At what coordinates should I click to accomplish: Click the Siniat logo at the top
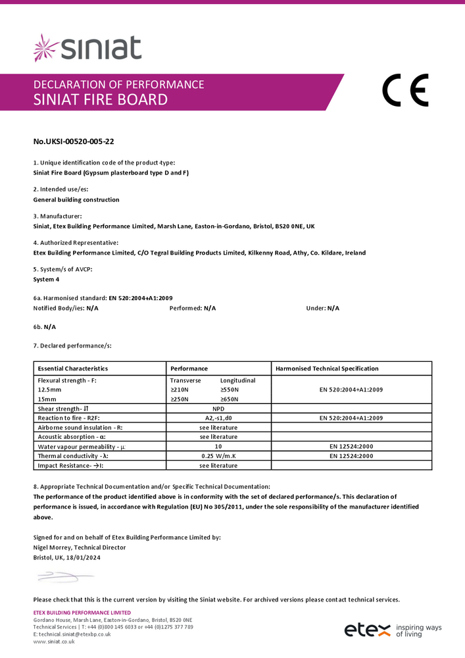(87, 49)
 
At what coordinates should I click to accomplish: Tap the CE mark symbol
(405, 91)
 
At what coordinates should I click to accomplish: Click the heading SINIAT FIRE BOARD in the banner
(101, 100)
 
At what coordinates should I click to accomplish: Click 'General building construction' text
(76, 199)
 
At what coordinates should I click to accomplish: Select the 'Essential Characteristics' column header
(73, 368)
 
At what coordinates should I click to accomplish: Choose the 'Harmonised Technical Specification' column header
(327, 368)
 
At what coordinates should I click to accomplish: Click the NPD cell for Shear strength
(218, 409)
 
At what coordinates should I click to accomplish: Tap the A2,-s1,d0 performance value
(218, 418)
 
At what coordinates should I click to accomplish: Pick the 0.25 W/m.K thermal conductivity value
(218, 456)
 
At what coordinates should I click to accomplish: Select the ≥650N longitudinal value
(230, 399)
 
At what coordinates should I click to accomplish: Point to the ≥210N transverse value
(180, 390)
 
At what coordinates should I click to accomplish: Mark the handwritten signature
(62, 577)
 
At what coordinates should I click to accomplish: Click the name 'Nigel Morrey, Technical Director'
(79, 547)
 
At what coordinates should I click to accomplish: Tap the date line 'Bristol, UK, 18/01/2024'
(67, 557)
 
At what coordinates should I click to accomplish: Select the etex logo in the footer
(368, 630)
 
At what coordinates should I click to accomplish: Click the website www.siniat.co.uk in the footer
(54, 641)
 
